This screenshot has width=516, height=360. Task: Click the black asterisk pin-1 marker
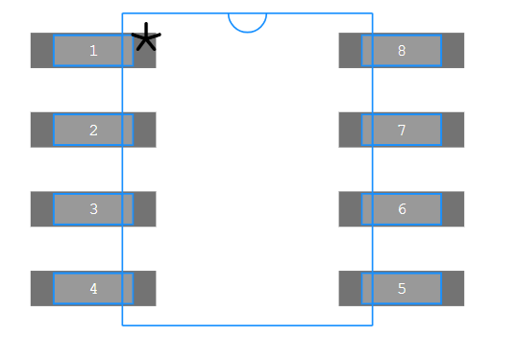click(145, 38)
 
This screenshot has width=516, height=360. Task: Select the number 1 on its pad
click(93, 50)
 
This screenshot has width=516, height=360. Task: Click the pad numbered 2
click(93, 130)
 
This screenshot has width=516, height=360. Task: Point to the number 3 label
click(93, 208)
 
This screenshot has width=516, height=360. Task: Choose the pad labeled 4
click(93, 288)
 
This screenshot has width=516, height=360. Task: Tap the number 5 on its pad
click(402, 288)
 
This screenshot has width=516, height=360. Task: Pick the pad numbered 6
click(402, 208)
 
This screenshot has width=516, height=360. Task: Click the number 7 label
click(402, 130)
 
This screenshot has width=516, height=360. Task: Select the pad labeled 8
click(402, 50)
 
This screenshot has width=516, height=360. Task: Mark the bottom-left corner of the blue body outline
click(122, 324)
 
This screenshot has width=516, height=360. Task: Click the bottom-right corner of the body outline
click(372, 324)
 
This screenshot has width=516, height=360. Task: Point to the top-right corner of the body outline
click(372, 13)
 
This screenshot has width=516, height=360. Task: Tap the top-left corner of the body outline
click(122, 13)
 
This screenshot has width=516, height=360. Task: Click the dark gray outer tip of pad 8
click(453, 50)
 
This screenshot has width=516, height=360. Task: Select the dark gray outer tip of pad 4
click(41, 288)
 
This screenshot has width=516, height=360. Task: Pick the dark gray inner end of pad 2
click(144, 130)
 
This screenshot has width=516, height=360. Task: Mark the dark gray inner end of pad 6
click(350, 208)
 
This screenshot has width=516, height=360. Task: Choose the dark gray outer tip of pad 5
click(453, 288)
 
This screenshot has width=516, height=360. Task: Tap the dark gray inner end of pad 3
click(144, 208)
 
